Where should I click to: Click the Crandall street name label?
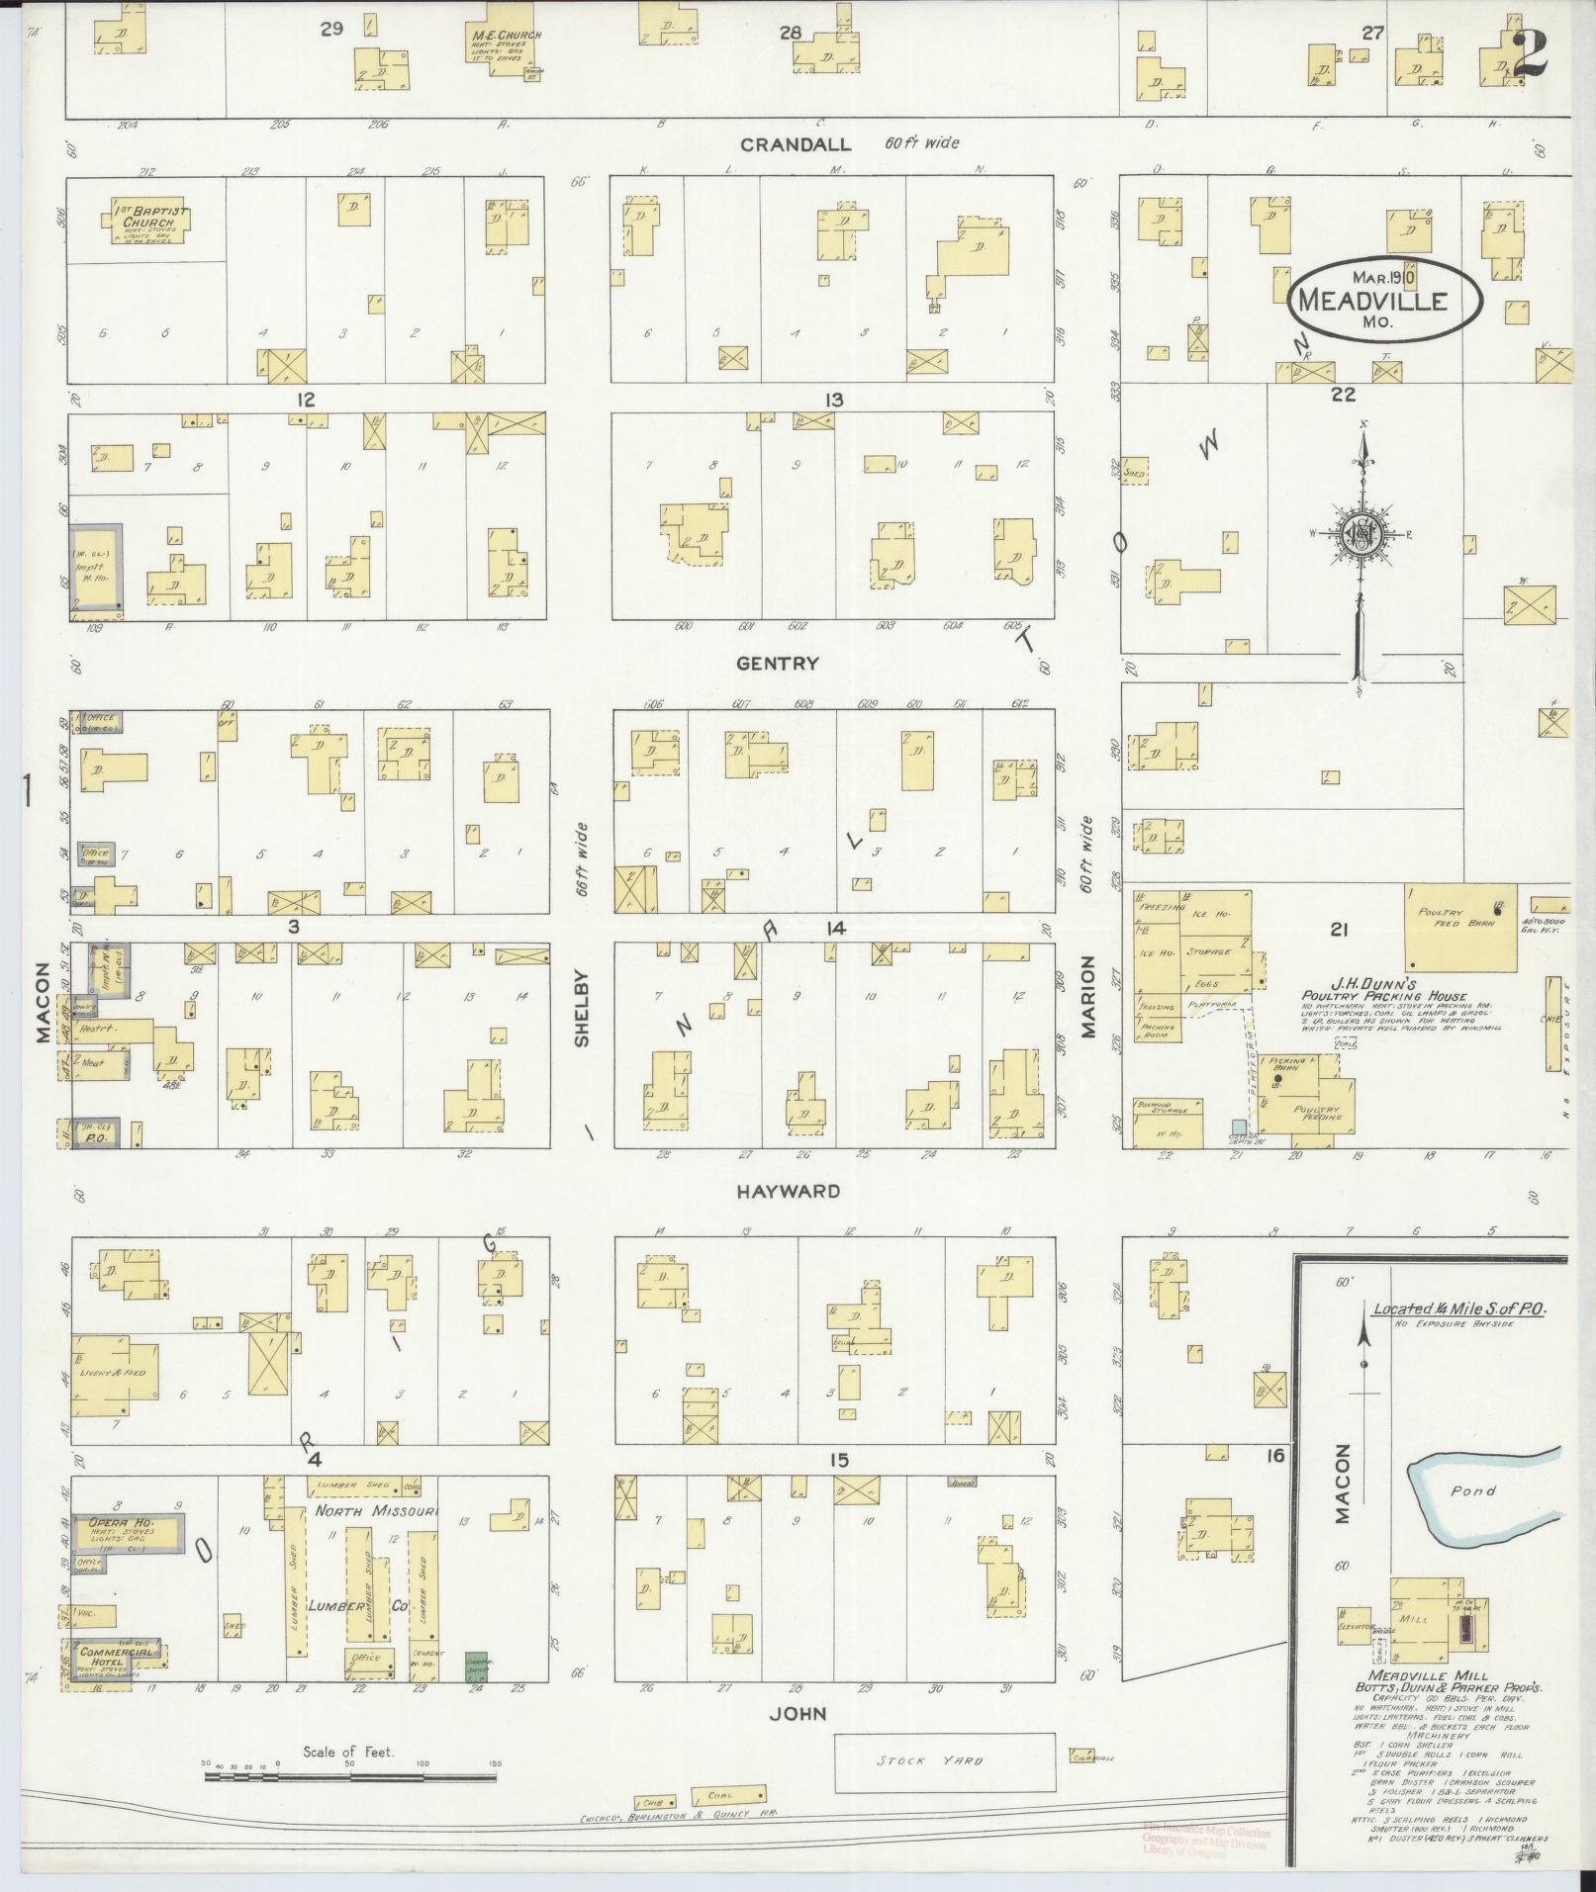coord(796,144)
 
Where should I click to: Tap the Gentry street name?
coord(778,664)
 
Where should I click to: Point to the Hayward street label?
coord(788,1192)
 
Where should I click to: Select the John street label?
coord(798,1714)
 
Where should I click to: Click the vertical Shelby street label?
coord(582,1009)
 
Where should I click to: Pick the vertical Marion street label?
coord(1088,996)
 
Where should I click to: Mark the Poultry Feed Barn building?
coord(1461,927)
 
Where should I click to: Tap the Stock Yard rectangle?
coord(944,1761)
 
